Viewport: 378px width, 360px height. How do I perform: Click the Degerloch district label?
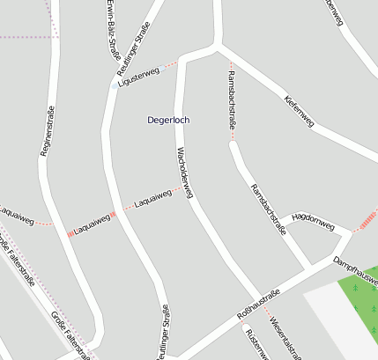pos(168,120)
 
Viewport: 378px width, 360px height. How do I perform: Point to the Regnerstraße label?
pos(48,131)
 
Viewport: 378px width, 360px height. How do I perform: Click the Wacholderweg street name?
pos(183,172)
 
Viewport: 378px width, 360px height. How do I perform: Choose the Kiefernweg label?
pos(300,111)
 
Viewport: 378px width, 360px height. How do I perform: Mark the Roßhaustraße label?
pos(258,304)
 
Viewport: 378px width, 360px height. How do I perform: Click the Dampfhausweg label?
pos(356,271)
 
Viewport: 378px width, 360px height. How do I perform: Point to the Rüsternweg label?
pos(253,344)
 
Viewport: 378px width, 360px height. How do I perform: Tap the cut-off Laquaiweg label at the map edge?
pos(15,214)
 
